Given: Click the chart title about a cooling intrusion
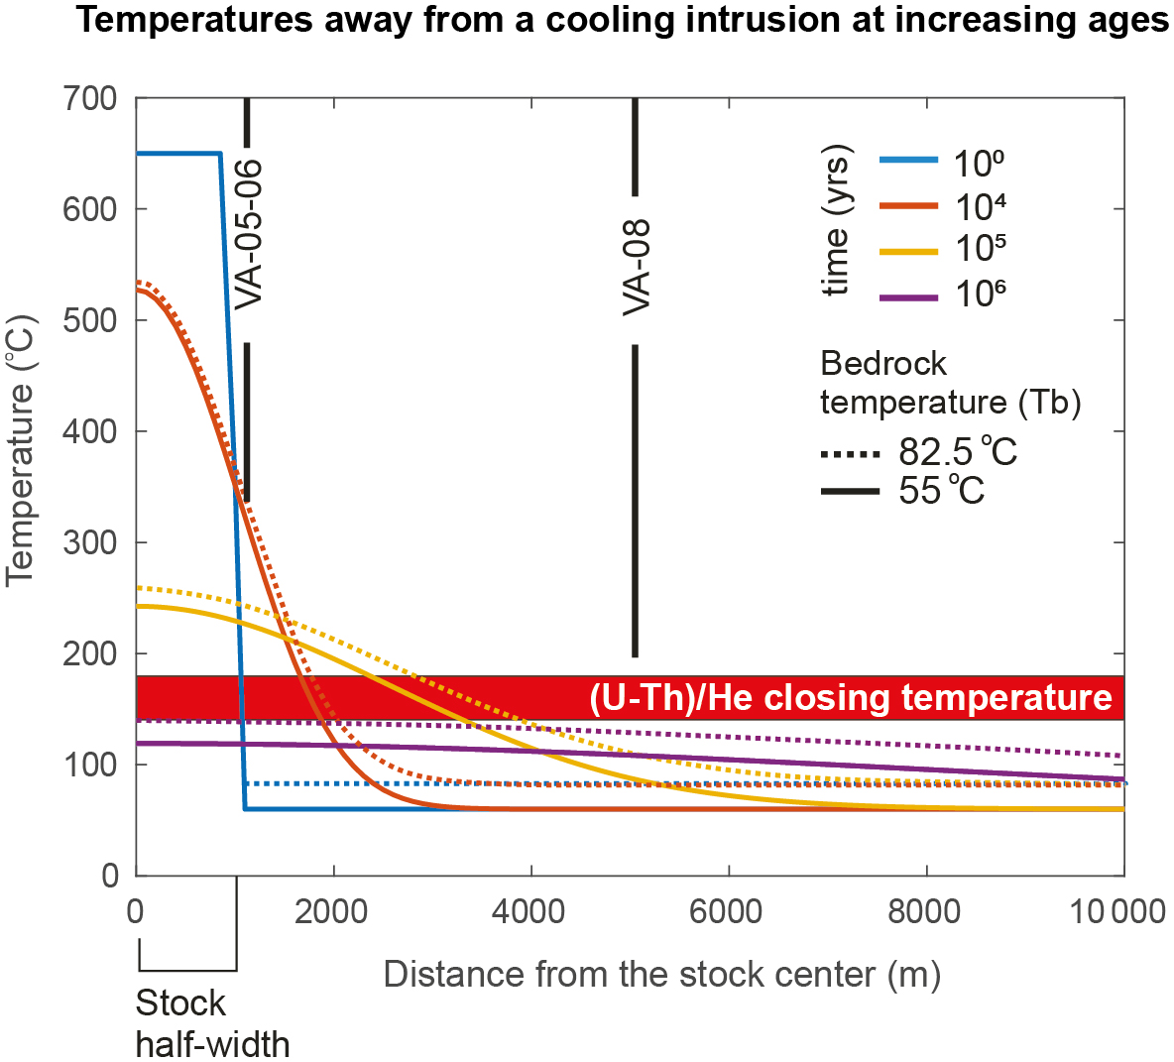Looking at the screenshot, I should [x=623, y=21].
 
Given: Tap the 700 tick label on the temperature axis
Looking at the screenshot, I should [x=89, y=98].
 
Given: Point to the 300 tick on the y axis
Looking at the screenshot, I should [x=89, y=542].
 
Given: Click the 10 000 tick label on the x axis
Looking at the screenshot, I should [x=1117, y=910].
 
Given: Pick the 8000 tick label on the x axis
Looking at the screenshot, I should [x=924, y=910].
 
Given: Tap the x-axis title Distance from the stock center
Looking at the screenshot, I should [x=661, y=975].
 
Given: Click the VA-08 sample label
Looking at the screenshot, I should [x=636, y=268].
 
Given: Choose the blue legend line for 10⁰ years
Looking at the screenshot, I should [x=908, y=160].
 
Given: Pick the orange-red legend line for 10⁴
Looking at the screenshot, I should [x=908, y=205].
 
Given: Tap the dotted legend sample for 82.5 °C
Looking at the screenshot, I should [x=851, y=454].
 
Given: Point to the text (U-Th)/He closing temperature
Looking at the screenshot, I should [x=851, y=697].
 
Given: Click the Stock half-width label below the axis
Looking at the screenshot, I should [x=211, y=1023].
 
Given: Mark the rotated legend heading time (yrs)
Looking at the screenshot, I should [x=837, y=221].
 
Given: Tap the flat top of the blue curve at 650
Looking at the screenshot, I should [x=178, y=154].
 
